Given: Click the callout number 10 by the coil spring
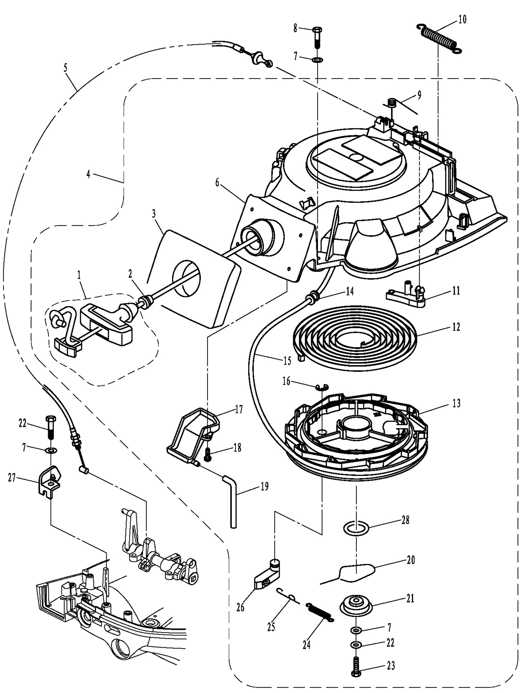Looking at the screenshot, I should [462, 19].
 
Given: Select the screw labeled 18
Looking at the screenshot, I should [207, 454].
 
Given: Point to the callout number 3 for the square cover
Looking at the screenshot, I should [154, 214].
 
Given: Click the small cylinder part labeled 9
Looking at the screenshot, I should [391, 103].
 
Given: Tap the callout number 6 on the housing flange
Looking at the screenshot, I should [217, 182].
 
